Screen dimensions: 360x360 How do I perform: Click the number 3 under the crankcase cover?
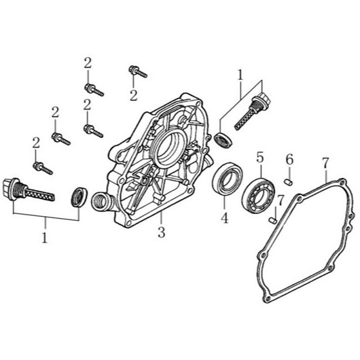point(161,232)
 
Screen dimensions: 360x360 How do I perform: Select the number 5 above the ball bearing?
point(259,158)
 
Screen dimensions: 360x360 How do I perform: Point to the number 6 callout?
point(289,159)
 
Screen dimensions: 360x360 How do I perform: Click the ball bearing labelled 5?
point(258,196)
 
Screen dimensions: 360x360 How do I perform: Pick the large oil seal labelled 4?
point(226,179)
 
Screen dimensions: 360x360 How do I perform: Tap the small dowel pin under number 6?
point(289,182)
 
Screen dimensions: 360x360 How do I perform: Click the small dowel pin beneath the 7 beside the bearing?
point(273,220)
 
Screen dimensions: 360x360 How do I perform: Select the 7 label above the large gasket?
point(326,163)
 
